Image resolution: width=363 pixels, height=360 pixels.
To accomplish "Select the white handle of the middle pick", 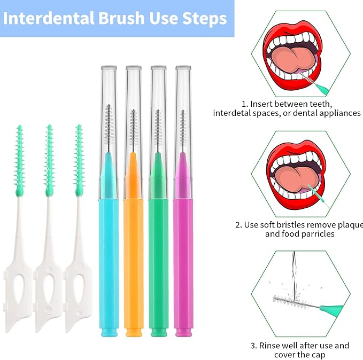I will click(x=49, y=267).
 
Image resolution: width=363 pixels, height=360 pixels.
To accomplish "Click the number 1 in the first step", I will click(x=244, y=104).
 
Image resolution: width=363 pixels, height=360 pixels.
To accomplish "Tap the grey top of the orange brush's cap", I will click(x=133, y=68).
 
